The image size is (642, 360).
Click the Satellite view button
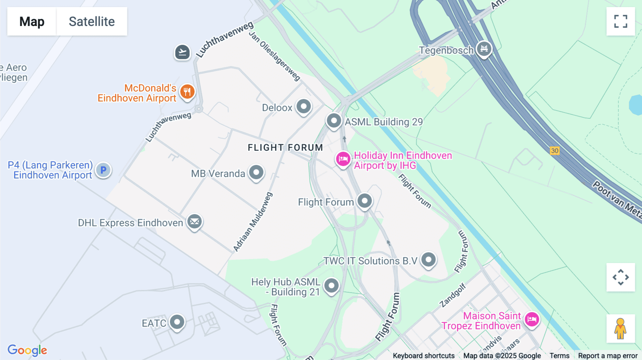coord(92,21)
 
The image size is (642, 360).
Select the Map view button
coord(32,21)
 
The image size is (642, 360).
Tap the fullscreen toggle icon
coord(620,21)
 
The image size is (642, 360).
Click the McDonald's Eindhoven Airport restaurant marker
coord(187,92)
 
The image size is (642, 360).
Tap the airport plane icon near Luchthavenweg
coord(182,52)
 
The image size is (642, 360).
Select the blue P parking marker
coord(103,170)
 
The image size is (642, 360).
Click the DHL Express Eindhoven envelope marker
coord(195,222)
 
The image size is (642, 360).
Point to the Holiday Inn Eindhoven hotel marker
coord(343,159)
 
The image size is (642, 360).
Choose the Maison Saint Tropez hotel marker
coord(532,319)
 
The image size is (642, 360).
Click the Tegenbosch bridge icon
coord(484,48)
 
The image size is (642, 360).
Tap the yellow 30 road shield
coord(555,151)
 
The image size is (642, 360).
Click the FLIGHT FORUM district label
coord(285,148)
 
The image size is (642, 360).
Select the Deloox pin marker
coord(304,106)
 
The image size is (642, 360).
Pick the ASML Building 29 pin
coord(334,120)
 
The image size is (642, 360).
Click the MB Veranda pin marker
coord(256,173)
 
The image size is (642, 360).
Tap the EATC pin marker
coord(177,322)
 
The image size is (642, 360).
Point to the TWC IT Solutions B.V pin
coord(428,259)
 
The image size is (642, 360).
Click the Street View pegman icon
coord(620,329)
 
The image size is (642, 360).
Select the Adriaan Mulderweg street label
coord(253,222)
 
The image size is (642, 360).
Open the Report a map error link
coord(607,356)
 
